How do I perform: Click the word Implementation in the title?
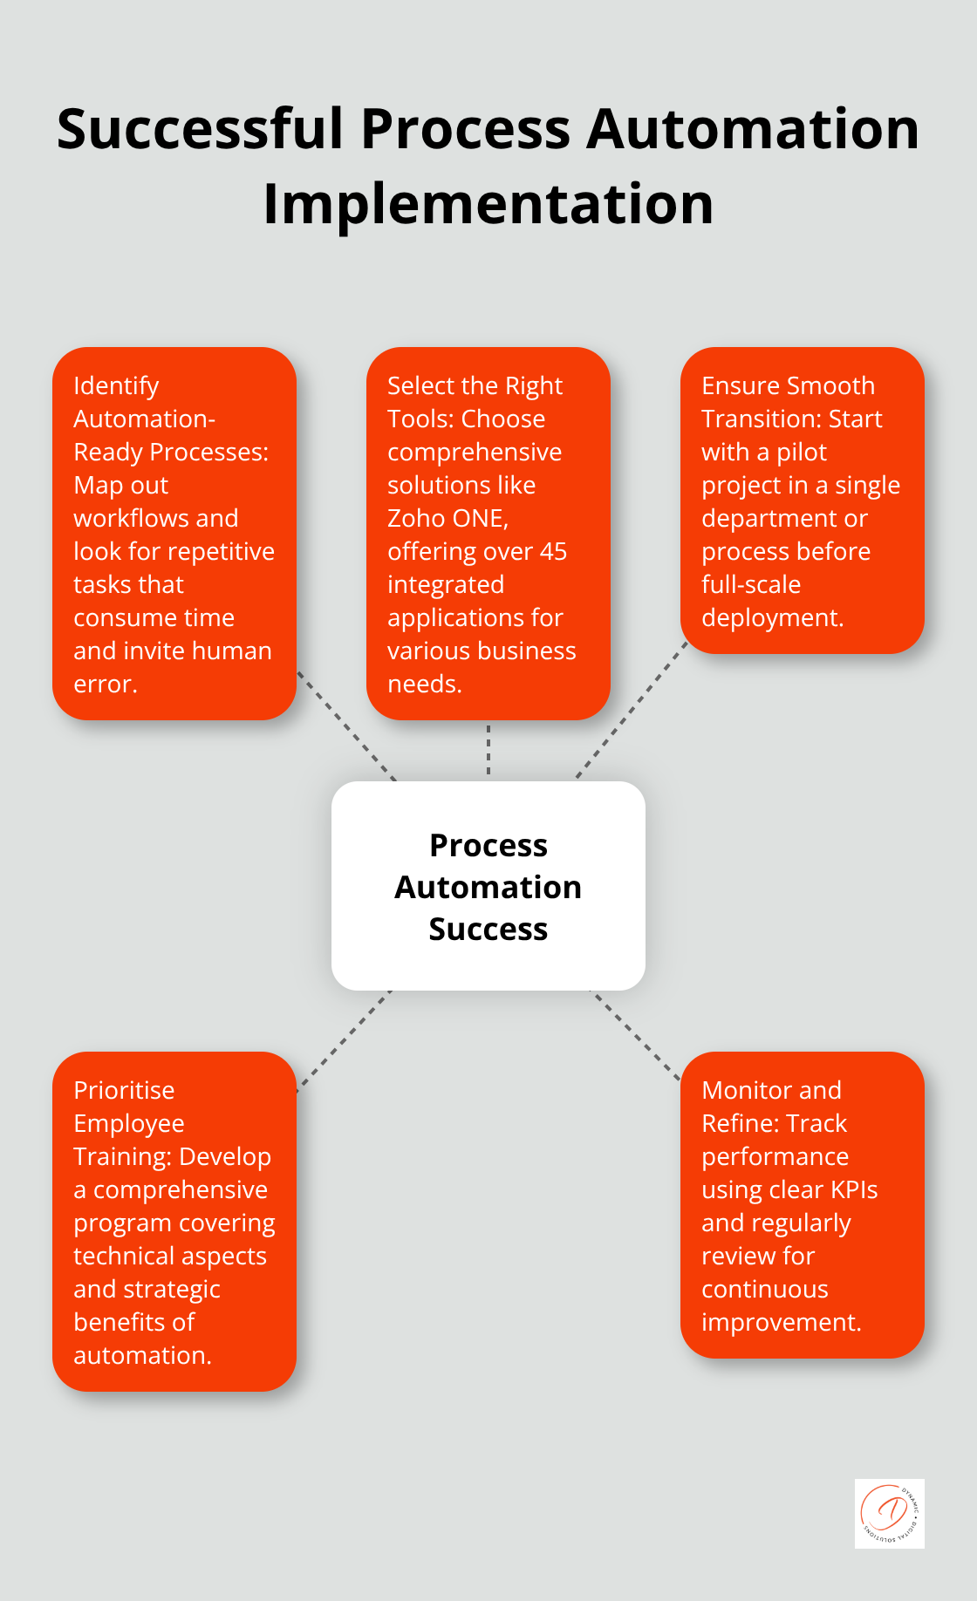tap(488, 205)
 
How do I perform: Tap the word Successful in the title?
tap(201, 129)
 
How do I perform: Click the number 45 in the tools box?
tap(552, 552)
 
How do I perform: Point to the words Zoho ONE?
tap(446, 519)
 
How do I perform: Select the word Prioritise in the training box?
tap(124, 1091)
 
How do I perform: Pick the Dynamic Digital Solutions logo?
tap(889, 1514)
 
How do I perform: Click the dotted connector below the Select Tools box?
tap(488, 750)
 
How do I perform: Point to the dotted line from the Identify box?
tap(347, 726)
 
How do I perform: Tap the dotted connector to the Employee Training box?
tap(344, 1040)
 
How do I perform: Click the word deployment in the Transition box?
tap(770, 618)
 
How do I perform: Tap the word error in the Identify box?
tap(103, 685)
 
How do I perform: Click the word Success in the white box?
tap(488, 930)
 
